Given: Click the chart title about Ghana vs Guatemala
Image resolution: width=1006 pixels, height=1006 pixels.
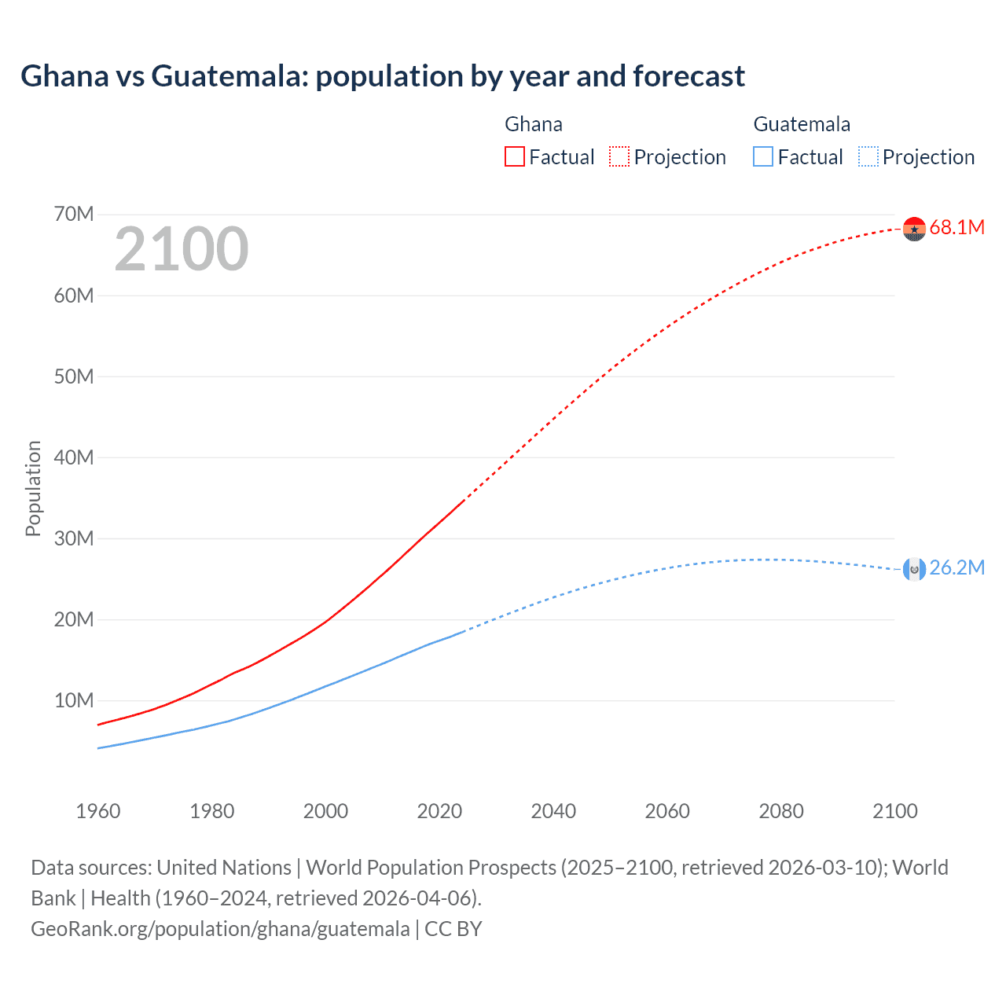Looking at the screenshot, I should point(383,76).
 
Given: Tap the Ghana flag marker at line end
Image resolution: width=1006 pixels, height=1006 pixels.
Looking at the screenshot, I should point(914,229).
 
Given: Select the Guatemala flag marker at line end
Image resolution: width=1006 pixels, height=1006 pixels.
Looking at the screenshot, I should point(914,569).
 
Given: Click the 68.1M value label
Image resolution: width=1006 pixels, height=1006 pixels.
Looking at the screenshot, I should point(956,228).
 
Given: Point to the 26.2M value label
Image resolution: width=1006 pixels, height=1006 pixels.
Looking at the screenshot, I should point(956,568).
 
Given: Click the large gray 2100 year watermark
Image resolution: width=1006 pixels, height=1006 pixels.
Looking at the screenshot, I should point(182,250).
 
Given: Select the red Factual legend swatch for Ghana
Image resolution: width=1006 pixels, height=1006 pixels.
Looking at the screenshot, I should point(515,157).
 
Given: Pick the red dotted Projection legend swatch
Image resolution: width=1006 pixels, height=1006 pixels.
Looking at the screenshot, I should point(619,157).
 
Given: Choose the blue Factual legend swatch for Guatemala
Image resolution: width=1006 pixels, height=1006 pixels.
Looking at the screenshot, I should point(763,157).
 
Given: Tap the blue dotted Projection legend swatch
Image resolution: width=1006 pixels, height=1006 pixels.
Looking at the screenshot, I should point(868,157).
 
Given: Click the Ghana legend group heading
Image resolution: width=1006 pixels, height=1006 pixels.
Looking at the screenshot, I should point(534,124).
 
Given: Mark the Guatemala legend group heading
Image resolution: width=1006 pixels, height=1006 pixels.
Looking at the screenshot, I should point(802,124).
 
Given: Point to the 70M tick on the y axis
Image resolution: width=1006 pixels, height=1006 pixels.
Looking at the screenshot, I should point(74,215).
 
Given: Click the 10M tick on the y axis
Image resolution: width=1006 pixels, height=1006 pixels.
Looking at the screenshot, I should point(74,700).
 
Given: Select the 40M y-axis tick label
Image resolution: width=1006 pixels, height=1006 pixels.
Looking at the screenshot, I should point(74,457).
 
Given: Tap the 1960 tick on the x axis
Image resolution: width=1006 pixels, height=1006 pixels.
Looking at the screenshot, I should point(98,811).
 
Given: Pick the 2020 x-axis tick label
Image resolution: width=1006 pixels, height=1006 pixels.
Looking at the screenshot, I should point(439,811).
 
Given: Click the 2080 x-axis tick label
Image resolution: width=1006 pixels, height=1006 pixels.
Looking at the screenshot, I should point(781,811).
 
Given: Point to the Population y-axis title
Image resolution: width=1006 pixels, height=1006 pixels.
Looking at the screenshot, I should point(33,488).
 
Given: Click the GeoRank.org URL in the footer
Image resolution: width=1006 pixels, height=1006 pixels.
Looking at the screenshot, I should point(220,929).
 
